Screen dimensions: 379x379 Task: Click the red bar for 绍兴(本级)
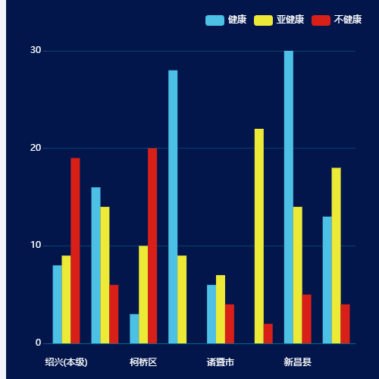pos(75,250)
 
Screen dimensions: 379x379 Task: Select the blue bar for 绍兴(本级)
pos(57,304)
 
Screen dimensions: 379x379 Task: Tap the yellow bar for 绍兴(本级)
pos(66,299)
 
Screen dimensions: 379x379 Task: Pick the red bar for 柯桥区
pos(152,246)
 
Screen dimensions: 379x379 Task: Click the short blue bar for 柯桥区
pos(134,328)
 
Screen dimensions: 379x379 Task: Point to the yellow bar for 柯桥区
pos(143,294)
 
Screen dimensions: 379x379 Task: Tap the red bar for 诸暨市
pos(230,324)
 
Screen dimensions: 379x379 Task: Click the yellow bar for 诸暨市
pos(221,309)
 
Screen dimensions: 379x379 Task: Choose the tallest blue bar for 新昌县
pos(289,197)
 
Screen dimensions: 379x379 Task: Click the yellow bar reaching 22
pos(259,236)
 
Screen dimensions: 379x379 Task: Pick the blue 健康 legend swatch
pos(215,20)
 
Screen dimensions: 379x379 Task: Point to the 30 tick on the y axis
pos(36,51)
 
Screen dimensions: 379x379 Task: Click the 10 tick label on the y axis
pos(36,246)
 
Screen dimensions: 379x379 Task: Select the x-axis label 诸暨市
pos(221,362)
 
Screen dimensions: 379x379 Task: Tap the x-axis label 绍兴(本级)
pos(66,362)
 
